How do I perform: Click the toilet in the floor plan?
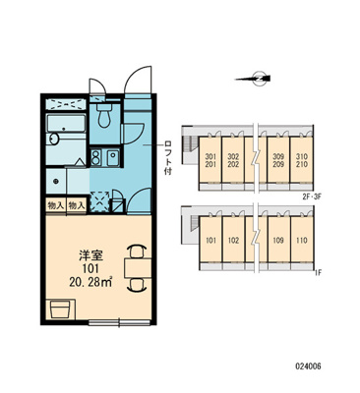(104, 116)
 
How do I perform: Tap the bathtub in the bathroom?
(66, 123)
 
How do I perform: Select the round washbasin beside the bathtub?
(53, 140)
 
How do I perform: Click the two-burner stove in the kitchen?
(95, 157)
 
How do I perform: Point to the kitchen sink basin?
(113, 157)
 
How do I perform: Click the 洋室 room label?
(90, 255)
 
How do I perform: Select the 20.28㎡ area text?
(90, 281)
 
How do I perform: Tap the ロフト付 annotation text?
(168, 158)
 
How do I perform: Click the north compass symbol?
(258, 79)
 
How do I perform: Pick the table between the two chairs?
(138, 268)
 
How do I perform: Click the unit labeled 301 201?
(210, 160)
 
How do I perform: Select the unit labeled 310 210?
(302, 160)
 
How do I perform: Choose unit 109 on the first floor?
(278, 240)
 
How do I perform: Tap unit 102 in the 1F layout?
(233, 240)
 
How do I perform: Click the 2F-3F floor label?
(312, 196)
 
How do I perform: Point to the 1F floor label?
(317, 271)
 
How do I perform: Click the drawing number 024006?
(308, 365)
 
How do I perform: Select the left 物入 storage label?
(56, 205)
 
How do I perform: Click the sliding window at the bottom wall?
(119, 323)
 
